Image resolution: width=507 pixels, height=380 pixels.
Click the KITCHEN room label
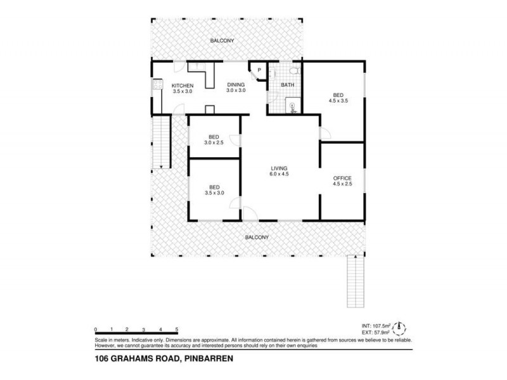tap(182, 85)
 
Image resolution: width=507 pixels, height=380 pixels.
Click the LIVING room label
tap(279, 167)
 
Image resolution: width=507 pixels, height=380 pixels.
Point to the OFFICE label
tap(342, 178)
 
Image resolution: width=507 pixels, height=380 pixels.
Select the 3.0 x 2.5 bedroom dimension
tap(214, 143)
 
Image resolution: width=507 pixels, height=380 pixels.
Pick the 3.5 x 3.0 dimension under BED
tap(214, 194)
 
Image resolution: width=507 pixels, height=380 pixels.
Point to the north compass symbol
tap(401, 329)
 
